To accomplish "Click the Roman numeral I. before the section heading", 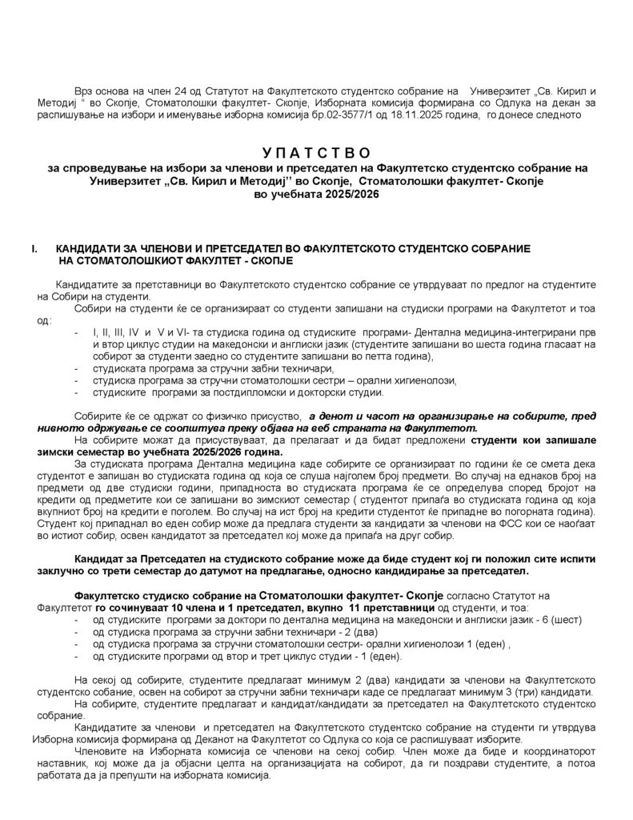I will click(x=34, y=250).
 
